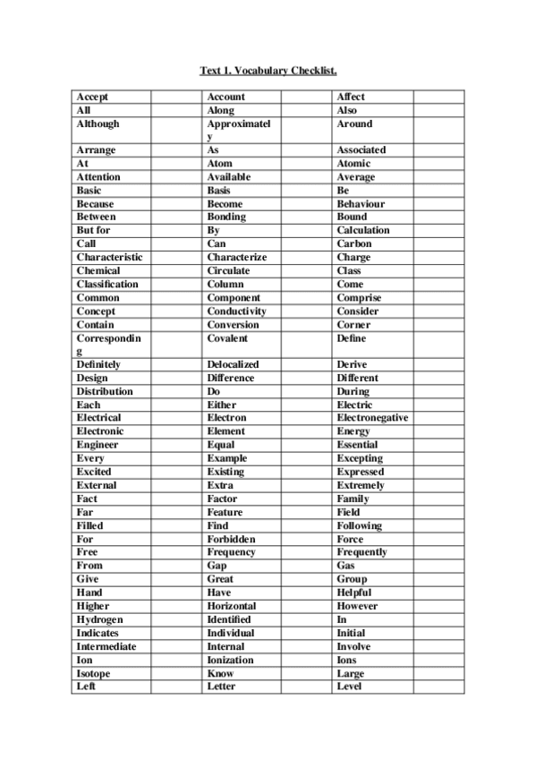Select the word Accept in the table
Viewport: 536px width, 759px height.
pyautogui.click(x=93, y=97)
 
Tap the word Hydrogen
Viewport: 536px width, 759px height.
pyautogui.click(x=100, y=619)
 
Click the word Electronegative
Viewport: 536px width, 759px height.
pyautogui.click(x=372, y=418)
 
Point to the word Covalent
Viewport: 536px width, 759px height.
pyautogui.click(x=227, y=338)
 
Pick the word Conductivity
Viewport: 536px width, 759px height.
pyautogui.click(x=237, y=311)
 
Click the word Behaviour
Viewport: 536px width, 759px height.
pyautogui.click(x=361, y=204)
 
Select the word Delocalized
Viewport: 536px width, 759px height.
pyautogui.click(x=233, y=365)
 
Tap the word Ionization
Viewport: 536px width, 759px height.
pyautogui.click(x=231, y=660)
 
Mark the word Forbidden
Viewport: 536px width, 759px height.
pyautogui.click(x=231, y=540)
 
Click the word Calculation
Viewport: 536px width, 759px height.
pyautogui.click(x=363, y=230)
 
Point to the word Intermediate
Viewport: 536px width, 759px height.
pyautogui.click(x=106, y=646)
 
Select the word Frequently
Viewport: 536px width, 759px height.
pyautogui.click(x=362, y=552)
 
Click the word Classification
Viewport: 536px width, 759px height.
pyautogui.click(x=107, y=284)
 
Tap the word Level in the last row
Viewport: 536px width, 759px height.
pyautogui.click(x=350, y=687)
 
